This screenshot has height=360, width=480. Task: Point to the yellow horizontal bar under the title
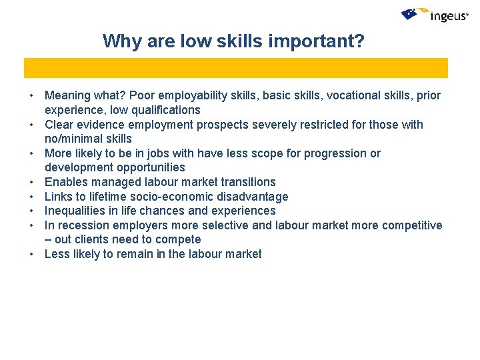pyautogui.click(x=236, y=68)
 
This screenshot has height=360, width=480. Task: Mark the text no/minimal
pyautogui.click(x=74, y=139)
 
